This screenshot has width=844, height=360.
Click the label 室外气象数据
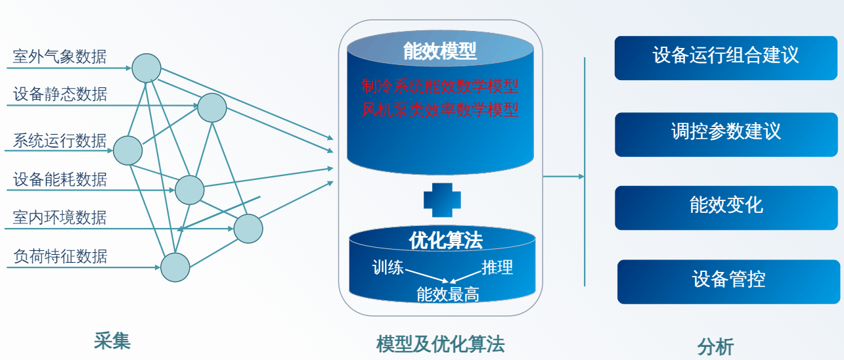click(x=60, y=57)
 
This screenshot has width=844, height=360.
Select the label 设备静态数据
click(x=60, y=95)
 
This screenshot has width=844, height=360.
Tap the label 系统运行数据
click(x=60, y=141)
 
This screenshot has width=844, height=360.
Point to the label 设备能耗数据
click(x=60, y=179)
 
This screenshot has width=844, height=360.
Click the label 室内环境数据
click(x=60, y=217)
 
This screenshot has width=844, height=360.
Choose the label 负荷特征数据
click(x=60, y=256)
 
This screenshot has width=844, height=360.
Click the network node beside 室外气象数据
click(x=146, y=68)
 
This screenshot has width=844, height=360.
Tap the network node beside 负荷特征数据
click(x=175, y=267)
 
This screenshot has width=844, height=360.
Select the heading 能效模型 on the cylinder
click(x=440, y=52)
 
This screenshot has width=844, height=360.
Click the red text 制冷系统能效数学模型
click(x=440, y=86)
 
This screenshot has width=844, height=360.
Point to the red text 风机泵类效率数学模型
click(x=440, y=108)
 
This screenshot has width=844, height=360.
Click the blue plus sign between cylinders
click(x=441, y=200)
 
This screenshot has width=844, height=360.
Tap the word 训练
click(x=388, y=267)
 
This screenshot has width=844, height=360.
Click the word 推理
click(x=497, y=267)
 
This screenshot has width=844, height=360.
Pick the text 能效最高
click(x=448, y=294)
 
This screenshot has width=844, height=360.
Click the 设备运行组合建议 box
click(x=726, y=57)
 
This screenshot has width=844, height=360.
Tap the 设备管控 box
click(x=728, y=281)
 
